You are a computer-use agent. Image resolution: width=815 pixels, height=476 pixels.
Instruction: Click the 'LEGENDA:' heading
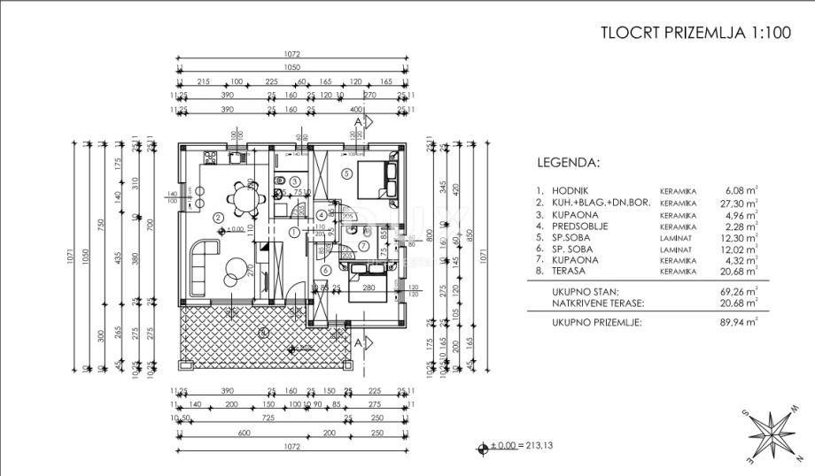tap(568, 163)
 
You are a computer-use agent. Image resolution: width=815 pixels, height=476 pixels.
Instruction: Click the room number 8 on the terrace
tap(262, 333)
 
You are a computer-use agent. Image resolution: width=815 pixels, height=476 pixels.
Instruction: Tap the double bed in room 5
tap(376, 179)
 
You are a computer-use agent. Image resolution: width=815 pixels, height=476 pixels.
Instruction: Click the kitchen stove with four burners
tap(211, 159)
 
